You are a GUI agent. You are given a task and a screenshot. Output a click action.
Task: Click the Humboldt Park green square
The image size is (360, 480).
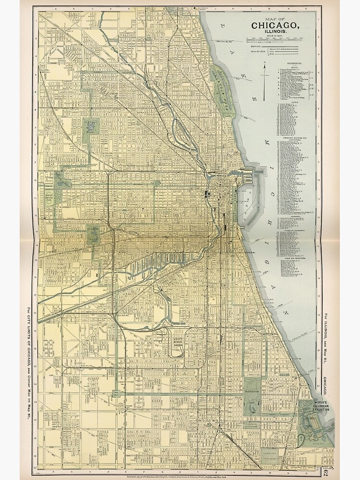pos(91,127)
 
